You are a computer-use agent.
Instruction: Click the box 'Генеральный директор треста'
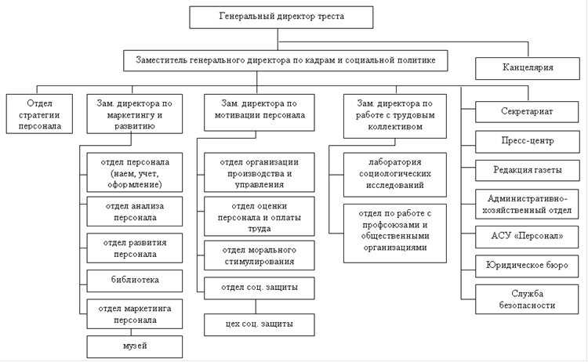(x=281, y=17)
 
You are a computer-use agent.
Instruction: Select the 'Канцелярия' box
(x=528, y=68)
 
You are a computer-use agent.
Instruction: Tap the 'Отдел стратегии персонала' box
(x=39, y=114)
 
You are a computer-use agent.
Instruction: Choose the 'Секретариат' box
(x=527, y=112)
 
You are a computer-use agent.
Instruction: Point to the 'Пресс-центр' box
(x=528, y=141)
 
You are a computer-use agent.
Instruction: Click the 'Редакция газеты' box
(x=528, y=171)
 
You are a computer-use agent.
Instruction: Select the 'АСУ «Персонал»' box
(x=527, y=237)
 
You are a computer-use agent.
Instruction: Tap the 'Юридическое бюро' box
(x=527, y=266)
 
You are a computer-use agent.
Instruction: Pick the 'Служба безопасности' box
(x=527, y=299)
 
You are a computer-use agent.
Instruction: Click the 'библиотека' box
(x=135, y=281)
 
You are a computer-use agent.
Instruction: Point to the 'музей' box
(x=135, y=346)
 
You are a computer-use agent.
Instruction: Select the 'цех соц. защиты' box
(x=260, y=324)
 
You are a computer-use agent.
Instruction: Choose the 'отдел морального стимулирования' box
(x=260, y=255)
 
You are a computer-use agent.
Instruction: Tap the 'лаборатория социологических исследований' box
(x=395, y=174)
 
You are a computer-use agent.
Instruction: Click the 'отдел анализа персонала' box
(x=135, y=212)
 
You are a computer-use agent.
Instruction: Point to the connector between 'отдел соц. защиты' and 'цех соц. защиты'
(x=256, y=306)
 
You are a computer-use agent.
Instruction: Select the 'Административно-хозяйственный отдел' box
(x=527, y=204)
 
